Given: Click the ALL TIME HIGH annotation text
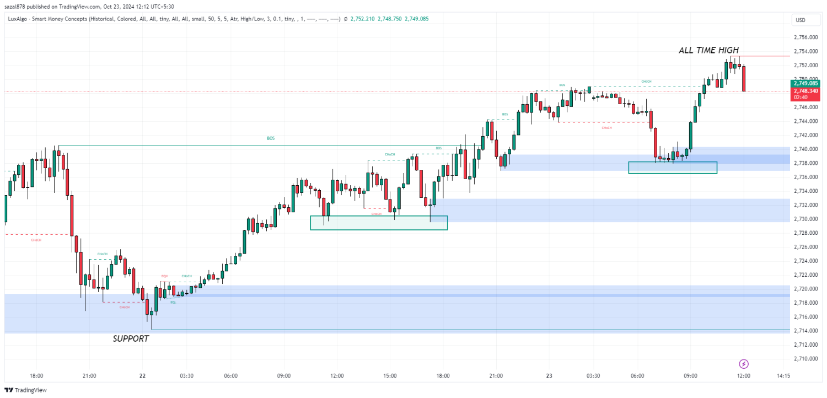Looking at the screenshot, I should click(708, 50).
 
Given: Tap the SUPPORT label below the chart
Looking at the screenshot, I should click(131, 339).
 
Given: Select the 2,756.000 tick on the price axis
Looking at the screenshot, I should click(805, 37).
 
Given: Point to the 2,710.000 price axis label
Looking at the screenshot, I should click(805, 359).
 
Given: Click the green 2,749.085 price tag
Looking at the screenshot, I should click(805, 84).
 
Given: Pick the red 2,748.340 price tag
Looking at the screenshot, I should click(805, 90).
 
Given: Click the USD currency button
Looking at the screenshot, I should click(800, 20).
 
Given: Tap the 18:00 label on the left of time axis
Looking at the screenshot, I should click(36, 376).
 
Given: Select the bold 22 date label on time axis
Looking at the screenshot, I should click(142, 376).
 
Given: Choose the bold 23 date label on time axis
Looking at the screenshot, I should click(549, 376).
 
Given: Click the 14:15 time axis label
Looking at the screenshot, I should click(783, 376).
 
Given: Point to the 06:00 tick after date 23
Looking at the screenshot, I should click(637, 376).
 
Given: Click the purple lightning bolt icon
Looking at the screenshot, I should click(744, 364).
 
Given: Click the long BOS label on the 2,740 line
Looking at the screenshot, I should click(270, 138).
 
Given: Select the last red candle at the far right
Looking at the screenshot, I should click(744, 79).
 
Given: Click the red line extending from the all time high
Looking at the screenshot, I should click(764, 56).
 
